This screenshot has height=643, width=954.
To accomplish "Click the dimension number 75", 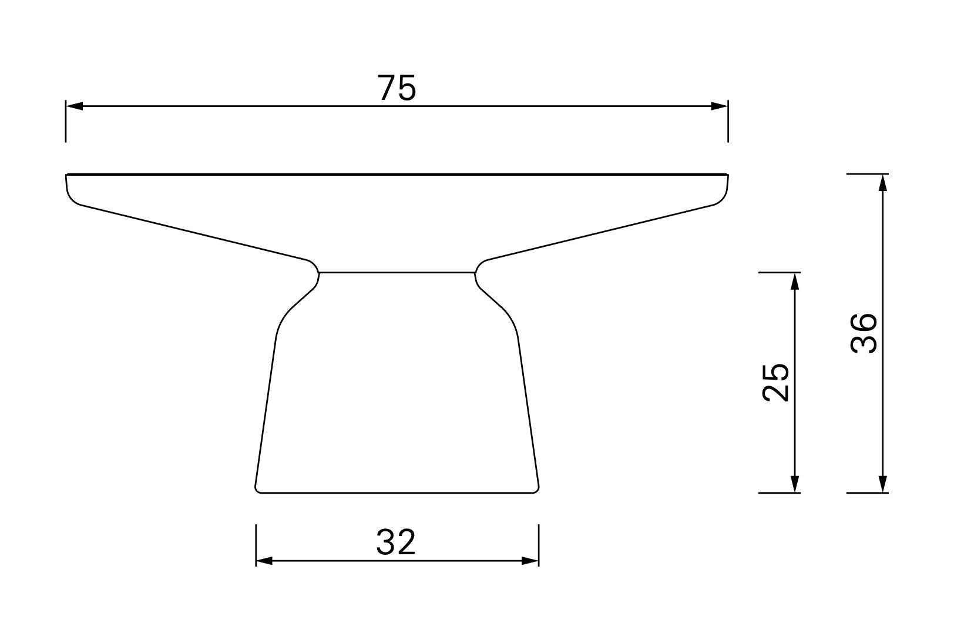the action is pyautogui.click(x=397, y=88).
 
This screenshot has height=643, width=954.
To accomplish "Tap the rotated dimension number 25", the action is pyautogui.click(x=775, y=382).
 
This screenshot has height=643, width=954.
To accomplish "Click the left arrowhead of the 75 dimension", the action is pyautogui.click(x=74, y=106).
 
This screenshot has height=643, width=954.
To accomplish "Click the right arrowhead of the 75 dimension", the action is pyautogui.click(x=720, y=106).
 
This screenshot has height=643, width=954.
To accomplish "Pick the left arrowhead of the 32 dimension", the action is pyautogui.click(x=264, y=561).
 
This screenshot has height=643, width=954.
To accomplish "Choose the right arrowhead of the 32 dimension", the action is pyautogui.click(x=530, y=561).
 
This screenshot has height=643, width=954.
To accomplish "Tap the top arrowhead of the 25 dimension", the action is pyautogui.click(x=794, y=281).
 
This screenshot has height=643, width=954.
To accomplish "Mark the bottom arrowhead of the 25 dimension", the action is pyautogui.click(x=794, y=484).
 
